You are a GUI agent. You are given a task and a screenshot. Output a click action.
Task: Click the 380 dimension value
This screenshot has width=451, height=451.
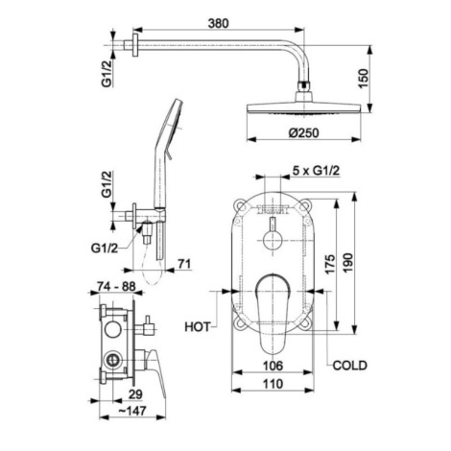tap(218, 23)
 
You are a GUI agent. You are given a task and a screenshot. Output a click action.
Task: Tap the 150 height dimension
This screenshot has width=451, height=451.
tap(364, 79)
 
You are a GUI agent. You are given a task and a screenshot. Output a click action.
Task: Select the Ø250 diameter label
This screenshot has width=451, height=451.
tap(303, 132)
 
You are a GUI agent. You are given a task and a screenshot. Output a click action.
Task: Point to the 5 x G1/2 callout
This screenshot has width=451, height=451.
tap(316, 171)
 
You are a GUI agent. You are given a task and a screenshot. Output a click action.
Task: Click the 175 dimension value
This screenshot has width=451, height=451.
tap(330, 264)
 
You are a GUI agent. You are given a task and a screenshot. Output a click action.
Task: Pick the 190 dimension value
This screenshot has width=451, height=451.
tap(348, 263)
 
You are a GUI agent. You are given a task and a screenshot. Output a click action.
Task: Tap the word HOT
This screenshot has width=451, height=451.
tap(198, 327)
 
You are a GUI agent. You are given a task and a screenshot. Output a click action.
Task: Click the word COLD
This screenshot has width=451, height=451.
tap(350, 365)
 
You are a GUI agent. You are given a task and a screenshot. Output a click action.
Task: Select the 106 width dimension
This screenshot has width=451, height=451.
tap(273, 366)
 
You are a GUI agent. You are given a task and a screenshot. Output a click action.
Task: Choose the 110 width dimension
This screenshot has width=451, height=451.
tap(273, 384)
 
